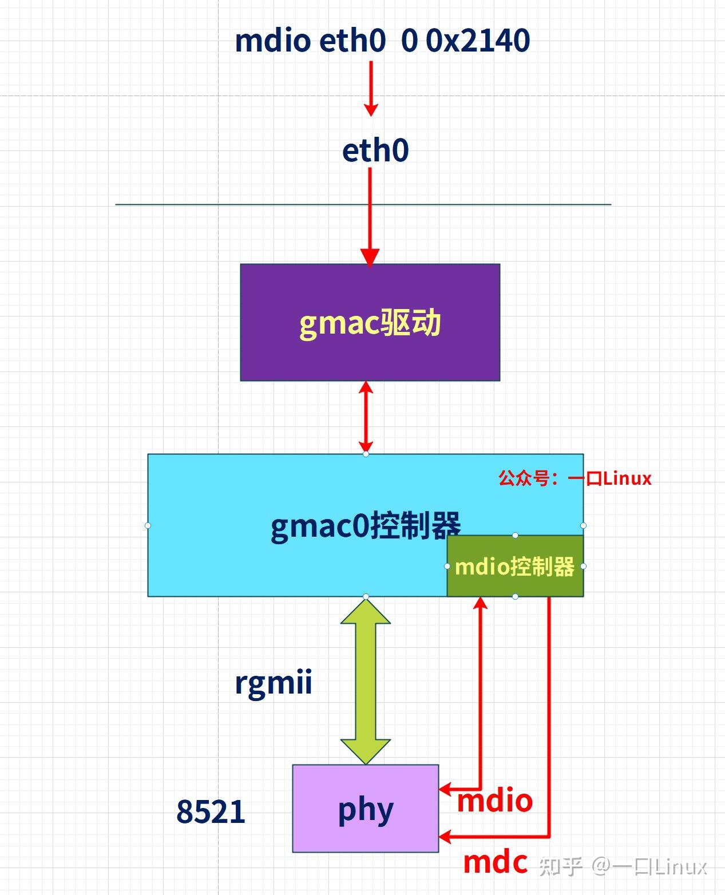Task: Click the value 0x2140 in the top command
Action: tap(478, 41)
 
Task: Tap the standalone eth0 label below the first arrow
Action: tap(375, 151)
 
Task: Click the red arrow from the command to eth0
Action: tap(371, 89)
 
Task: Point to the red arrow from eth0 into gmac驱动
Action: tap(370, 217)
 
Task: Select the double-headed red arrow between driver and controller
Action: tap(366, 417)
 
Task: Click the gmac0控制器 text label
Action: tap(365, 526)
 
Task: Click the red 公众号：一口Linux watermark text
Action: tap(575, 478)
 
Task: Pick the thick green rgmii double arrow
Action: tap(366, 681)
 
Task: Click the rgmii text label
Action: tap(274, 683)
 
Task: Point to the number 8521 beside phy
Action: tap(211, 811)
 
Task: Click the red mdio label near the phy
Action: tap(494, 801)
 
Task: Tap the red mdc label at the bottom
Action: tap(495, 862)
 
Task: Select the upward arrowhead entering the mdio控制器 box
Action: tap(481, 603)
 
